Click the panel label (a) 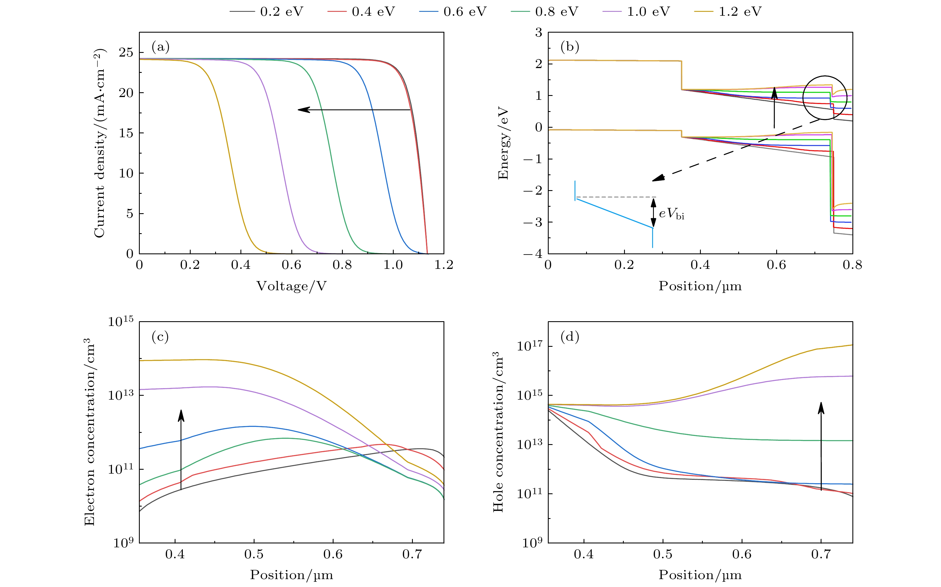[160, 47]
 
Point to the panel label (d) [569, 337]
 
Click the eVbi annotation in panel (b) [672, 213]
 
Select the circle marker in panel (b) [825, 97]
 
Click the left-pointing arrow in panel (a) [353, 110]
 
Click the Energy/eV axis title [503, 144]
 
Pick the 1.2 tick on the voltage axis [444, 265]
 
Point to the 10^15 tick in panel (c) [120, 321]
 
